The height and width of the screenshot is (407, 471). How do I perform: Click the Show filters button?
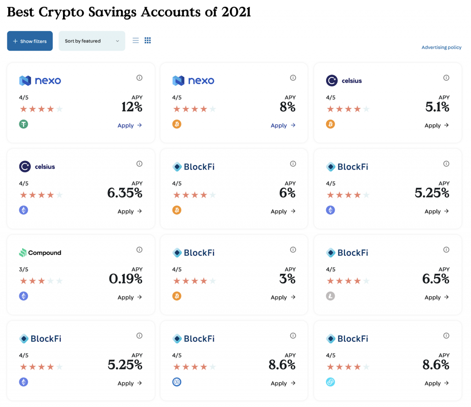(x=30, y=41)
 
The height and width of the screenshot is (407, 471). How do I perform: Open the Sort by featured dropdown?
(x=92, y=41)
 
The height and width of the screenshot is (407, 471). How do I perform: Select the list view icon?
(x=136, y=40)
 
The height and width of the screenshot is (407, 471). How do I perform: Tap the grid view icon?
(x=148, y=40)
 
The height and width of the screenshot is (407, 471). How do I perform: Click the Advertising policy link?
(x=441, y=47)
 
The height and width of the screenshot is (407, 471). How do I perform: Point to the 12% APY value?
(x=132, y=107)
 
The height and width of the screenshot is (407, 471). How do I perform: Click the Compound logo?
(x=40, y=252)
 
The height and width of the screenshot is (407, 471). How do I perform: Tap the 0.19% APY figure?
(x=126, y=279)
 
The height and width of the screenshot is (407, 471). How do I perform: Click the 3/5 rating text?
(x=23, y=269)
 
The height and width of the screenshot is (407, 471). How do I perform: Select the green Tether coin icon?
(x=23, y=124)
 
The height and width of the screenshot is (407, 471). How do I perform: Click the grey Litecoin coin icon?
(x=330, y=296)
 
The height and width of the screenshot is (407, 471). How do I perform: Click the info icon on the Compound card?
(x=139, y=250)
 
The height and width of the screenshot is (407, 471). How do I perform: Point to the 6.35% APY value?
(x=125, y=193)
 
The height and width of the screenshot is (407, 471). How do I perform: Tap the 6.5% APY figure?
(x=436, y=279)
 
